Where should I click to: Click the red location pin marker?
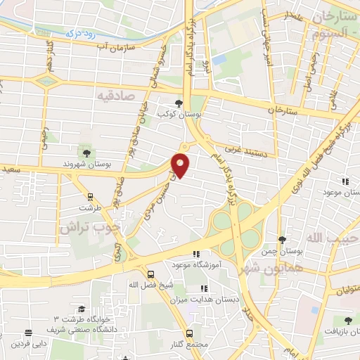[x=181, y=165]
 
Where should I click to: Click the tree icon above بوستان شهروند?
[x=87, y=153]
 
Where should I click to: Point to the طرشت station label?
[x=90, y=208]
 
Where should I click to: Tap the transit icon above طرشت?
[x=90, y=196]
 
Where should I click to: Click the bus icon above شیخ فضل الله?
[x=150, y=274]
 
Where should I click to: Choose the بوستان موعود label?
[x=342, y=192]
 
